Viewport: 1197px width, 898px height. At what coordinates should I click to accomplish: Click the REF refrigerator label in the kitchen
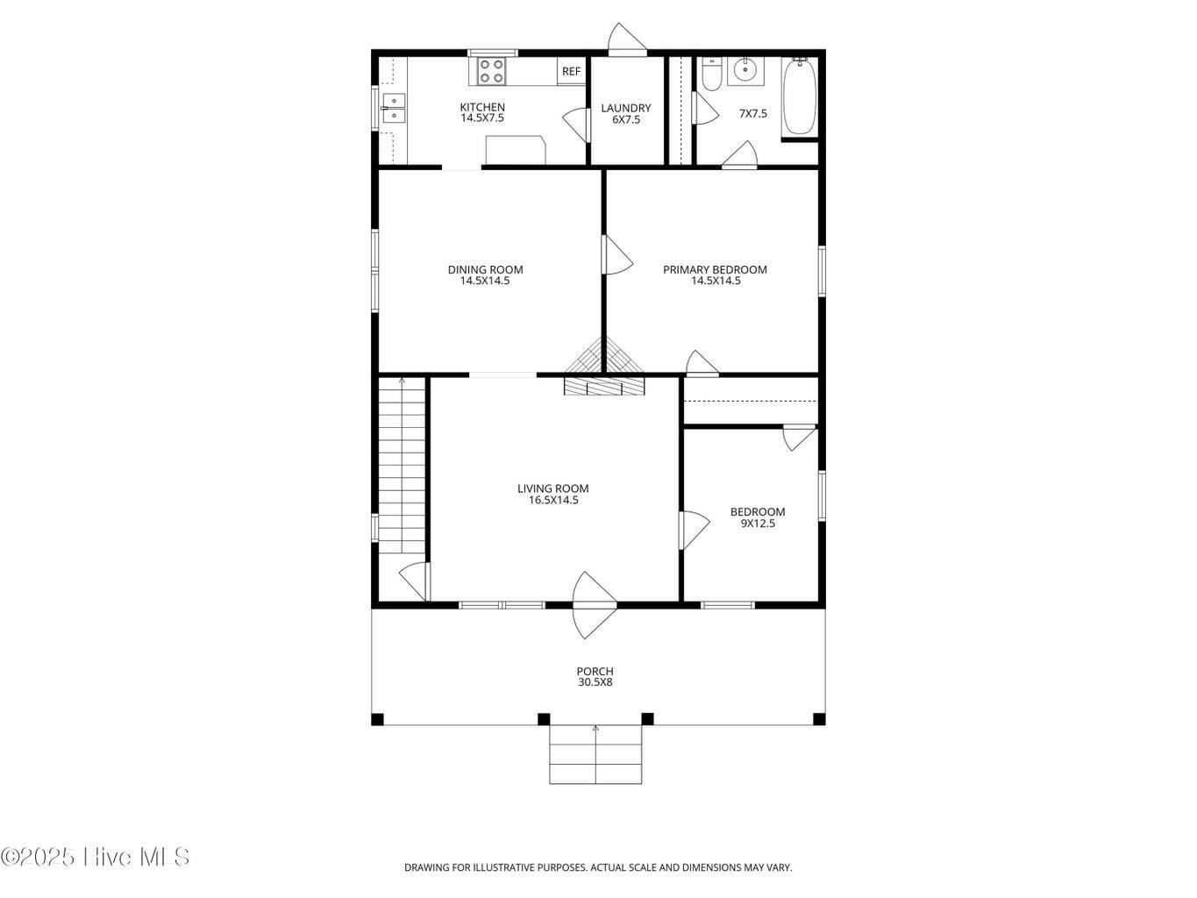571,71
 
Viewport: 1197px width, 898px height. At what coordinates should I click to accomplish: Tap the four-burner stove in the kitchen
491,71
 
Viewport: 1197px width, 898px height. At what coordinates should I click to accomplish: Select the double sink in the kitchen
393,109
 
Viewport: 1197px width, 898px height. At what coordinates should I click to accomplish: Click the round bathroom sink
745,70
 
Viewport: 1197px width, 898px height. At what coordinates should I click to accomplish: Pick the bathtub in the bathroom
800,96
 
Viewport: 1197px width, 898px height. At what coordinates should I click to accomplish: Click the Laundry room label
625,108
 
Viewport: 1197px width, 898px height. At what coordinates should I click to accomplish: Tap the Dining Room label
485,269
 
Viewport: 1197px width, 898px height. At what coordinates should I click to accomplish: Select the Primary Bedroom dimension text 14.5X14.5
716,281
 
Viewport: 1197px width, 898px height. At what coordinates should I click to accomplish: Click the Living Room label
553,488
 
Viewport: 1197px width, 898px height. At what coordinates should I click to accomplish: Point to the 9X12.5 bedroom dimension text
758,524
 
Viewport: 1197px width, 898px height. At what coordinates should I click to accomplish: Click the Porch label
595,671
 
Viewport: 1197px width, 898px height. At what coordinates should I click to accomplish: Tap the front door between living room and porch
595,605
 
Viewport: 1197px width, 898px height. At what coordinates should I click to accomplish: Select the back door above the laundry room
627,39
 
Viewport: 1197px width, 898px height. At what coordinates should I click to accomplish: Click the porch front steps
595,754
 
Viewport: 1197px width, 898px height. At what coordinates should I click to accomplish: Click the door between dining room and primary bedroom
616,254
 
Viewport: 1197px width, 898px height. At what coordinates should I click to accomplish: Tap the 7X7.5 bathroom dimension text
753,113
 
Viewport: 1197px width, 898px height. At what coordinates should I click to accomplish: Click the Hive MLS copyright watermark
95,857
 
